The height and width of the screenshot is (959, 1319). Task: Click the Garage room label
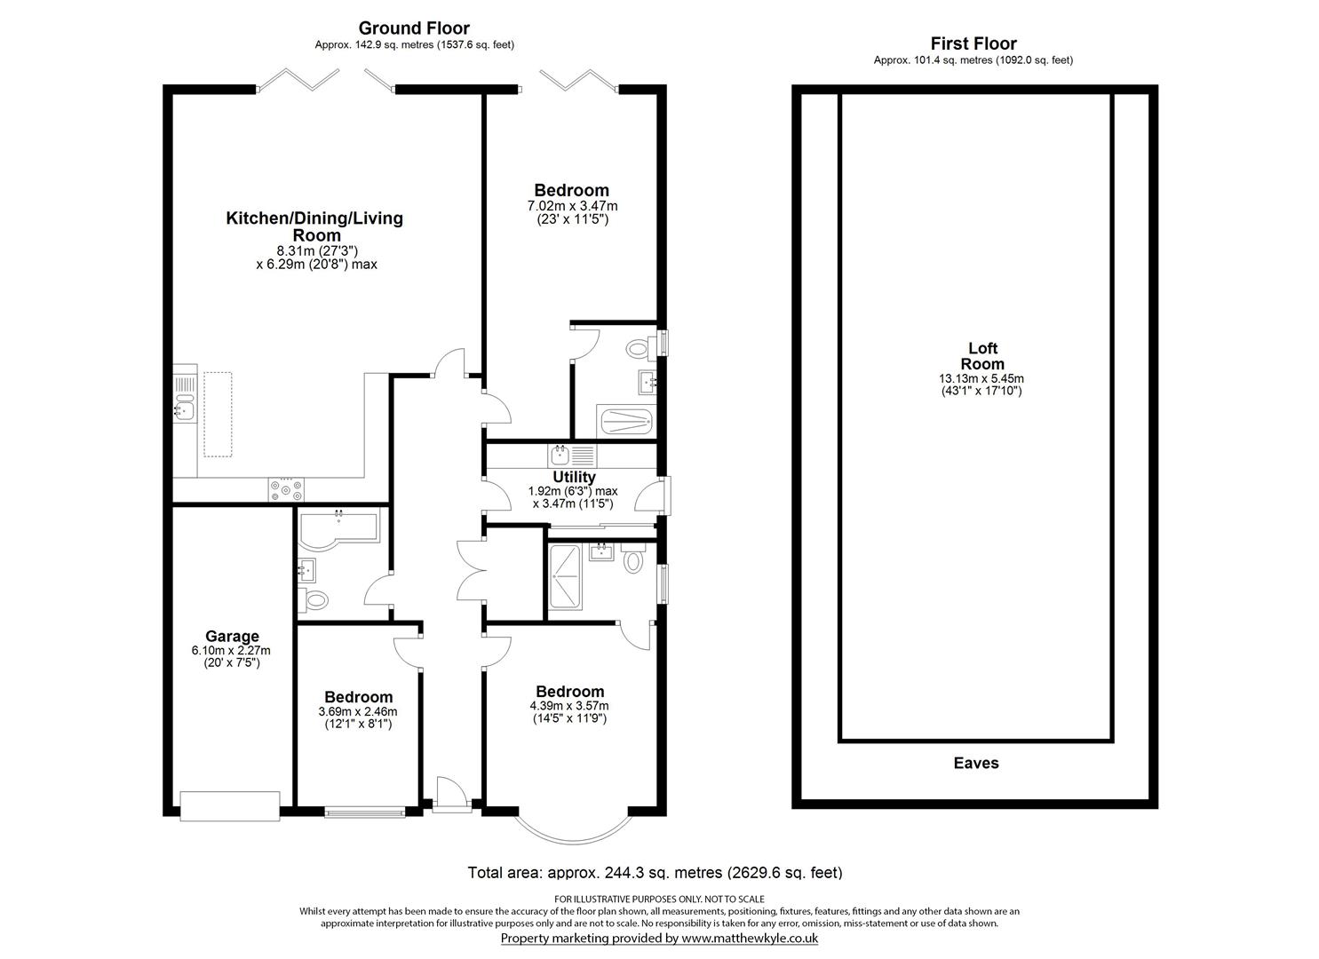[232, 636]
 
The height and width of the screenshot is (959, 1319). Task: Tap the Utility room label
[574, 477]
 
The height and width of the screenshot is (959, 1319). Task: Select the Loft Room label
[982, 356]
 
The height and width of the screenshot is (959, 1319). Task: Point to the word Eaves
[976, 763]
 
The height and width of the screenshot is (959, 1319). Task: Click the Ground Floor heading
[414, 28]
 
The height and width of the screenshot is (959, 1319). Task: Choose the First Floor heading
[973, 44]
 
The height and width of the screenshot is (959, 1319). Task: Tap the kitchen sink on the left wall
[185, 410]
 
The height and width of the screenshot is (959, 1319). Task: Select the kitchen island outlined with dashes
[218, 414]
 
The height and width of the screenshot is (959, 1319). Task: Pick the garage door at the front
[230, 804]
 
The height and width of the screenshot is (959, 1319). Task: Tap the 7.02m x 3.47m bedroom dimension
[572, 206]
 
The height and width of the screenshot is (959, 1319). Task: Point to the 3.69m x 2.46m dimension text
[358, 711]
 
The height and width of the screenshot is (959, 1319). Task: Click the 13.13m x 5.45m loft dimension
[981, 378]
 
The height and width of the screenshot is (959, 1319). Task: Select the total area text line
[655, 873]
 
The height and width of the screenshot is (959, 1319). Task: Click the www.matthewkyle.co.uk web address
[749, 938]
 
